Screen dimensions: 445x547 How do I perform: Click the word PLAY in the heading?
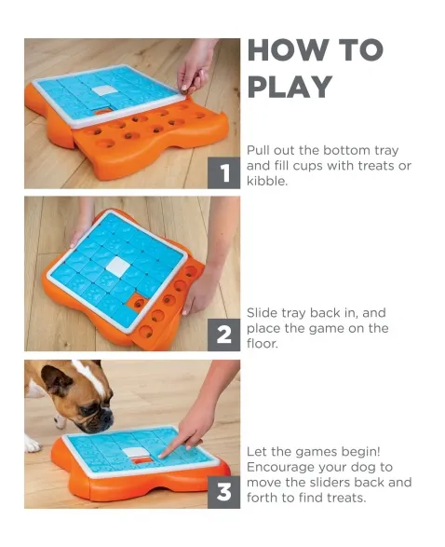click(x=290, y=87)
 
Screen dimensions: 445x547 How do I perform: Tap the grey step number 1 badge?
click(x=223, y=172)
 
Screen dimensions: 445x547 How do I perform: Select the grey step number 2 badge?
click(x=223, y=335)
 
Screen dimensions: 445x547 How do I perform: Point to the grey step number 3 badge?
click(x=223, y=492)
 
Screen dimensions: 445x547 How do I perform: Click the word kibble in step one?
click(x=266, y=181)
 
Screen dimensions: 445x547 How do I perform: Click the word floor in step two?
click(x=262, y=343)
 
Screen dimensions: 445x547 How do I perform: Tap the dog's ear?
click(x=55, y=379)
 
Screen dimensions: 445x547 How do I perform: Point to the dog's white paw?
click(x=33, y=444)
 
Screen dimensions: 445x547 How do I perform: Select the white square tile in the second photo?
click(x=118, y=266)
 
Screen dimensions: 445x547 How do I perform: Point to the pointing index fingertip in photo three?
click(x=162, y=456)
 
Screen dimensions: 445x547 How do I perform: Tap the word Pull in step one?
click(x=258, y=150)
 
